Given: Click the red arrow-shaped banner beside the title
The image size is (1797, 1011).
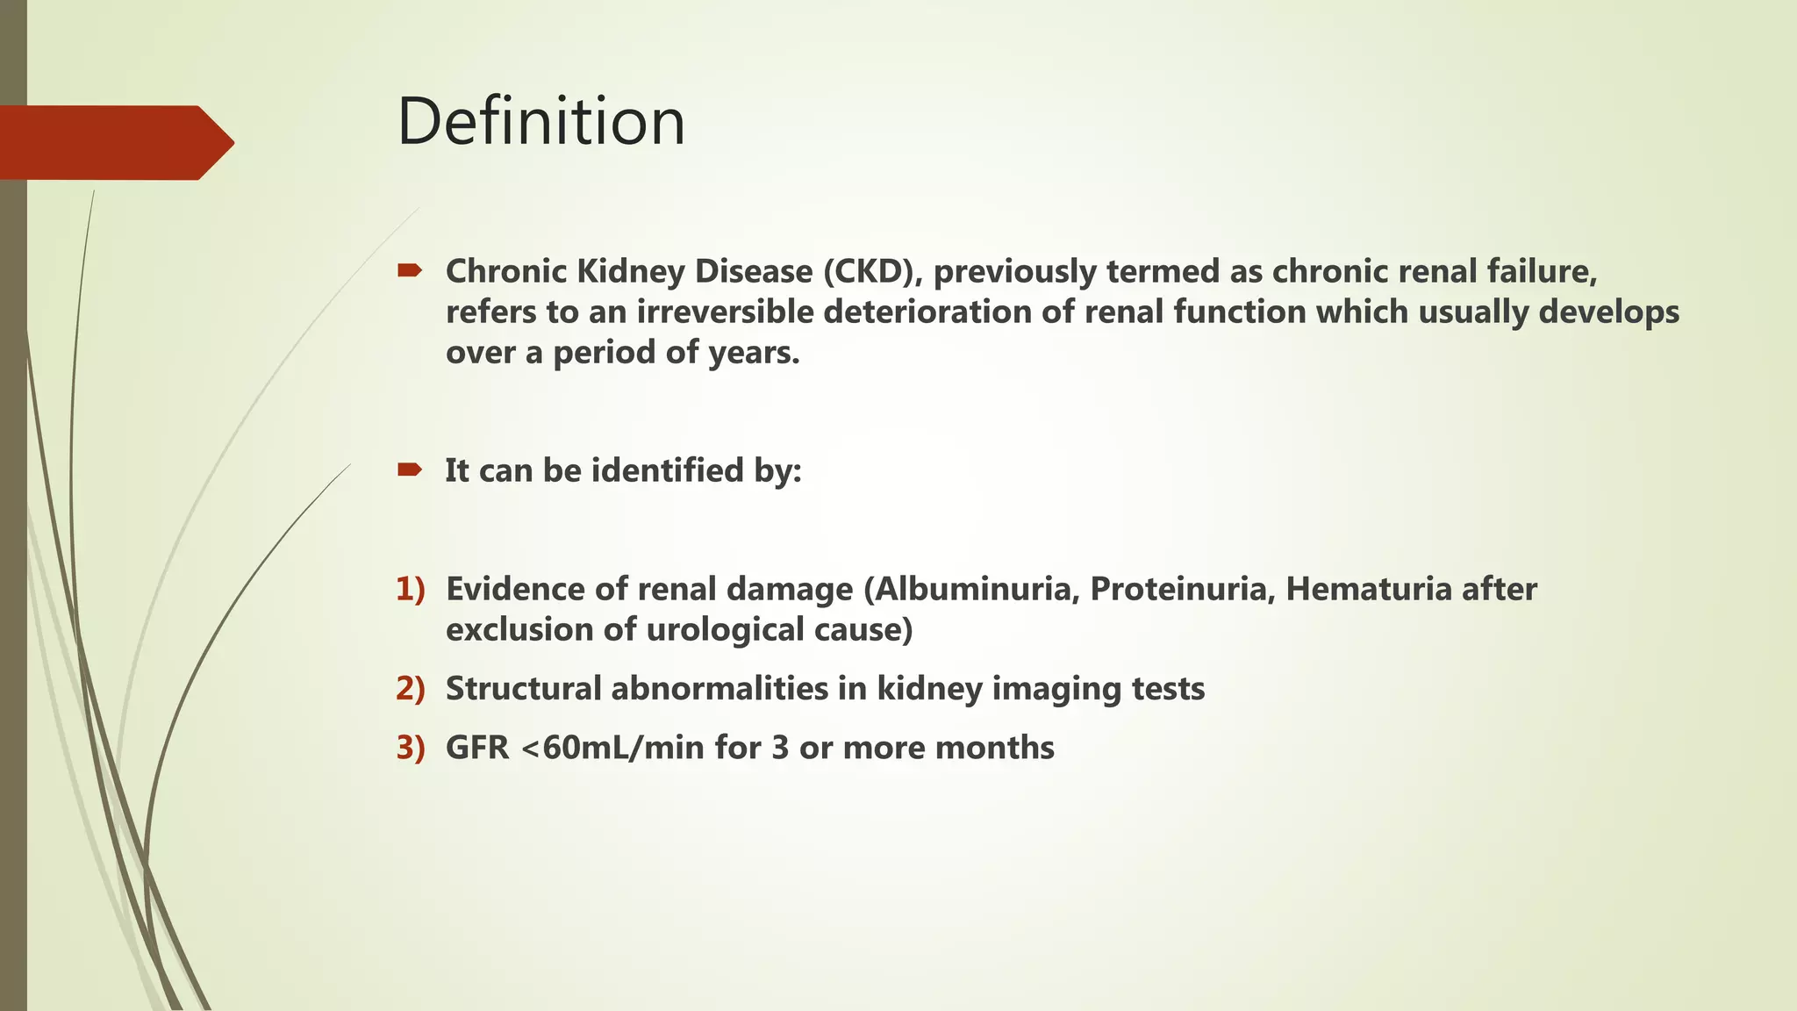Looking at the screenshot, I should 114,142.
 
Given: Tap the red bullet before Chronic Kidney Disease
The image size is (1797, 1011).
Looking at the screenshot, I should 409,270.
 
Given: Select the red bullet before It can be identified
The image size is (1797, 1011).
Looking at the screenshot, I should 409,470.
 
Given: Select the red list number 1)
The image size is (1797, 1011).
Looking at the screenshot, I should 410,588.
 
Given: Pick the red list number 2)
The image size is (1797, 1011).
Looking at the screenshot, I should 410,688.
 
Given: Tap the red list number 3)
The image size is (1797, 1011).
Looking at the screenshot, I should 410,748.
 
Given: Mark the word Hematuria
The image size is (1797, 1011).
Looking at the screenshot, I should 1368,589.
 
